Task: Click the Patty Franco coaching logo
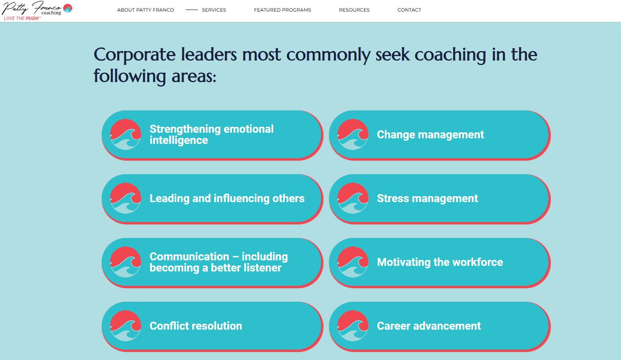[37, 10]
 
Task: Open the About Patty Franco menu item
[146, 10]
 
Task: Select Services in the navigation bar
[214, 10]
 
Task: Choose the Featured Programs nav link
[282, 10]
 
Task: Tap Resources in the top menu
[354, 10]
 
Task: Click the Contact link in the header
[409, 10]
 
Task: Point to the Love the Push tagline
[22, 18]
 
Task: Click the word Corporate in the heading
[134, 55]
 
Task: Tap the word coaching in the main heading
[450, 55]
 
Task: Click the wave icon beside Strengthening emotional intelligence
[125, 134]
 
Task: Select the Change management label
[430, 134]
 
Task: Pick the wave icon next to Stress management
[353, 198]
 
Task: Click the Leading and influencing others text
[227, 198]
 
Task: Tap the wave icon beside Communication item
[125, 262]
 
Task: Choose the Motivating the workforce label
[440, 262]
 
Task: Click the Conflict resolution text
[196, 326]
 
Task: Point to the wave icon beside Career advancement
[353, 326]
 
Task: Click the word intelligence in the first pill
[179, 140]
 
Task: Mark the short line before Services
[191, 10]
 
